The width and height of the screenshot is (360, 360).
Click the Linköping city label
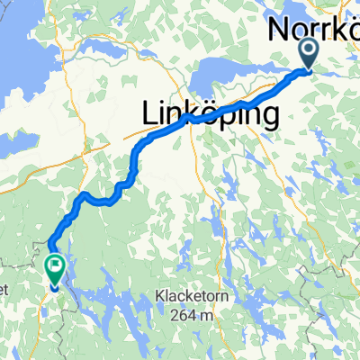[x=208, y=114]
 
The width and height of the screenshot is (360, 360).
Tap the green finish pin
[x=55, y=267]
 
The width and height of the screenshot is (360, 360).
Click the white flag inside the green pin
[x=55, y=265]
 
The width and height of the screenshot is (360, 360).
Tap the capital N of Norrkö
[x=280, y=30]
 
